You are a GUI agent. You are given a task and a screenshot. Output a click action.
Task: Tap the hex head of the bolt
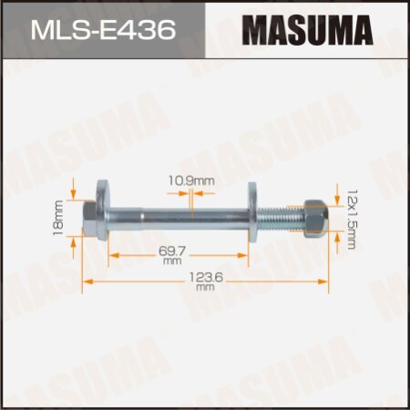click(x=92, y=220)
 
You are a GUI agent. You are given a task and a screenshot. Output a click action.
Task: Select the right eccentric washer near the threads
click(x=255, y=220)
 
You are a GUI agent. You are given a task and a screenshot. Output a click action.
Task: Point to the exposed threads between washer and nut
click(x=279, y=220)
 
